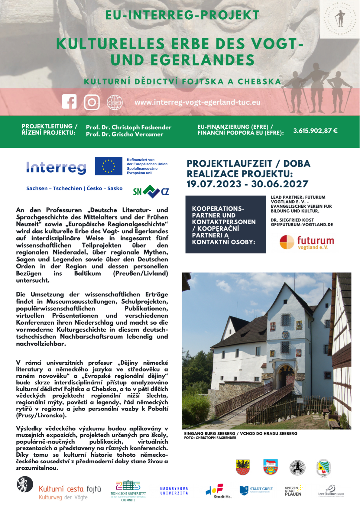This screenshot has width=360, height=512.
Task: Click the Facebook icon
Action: (x=69, y=102)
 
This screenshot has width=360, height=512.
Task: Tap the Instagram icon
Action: (x=92, y=102)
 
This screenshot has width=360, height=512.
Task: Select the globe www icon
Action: (x=115, y=102)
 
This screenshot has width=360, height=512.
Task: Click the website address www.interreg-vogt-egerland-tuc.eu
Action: (x=197, y=102)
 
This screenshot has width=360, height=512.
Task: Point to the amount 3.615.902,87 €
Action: (x=315, y=131)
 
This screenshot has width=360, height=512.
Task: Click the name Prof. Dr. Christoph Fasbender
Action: (x=128, y=127)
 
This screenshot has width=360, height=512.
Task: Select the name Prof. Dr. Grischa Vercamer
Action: (x=125, y=134)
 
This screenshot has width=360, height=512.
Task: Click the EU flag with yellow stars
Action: (x=109, y=166)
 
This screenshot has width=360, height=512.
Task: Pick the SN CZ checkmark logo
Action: (x=151, y=191)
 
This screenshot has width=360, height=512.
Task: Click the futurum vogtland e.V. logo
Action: (x=307, y=242)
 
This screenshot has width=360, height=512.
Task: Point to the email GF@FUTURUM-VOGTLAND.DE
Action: (x=302, y=225)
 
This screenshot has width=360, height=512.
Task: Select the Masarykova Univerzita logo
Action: (x=174, y=491)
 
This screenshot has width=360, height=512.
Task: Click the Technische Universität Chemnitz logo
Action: (x=128, y=491)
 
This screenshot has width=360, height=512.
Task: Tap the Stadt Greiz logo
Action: (x=256, y=490)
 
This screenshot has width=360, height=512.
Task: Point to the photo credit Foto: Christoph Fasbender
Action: (x=210, y=438)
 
